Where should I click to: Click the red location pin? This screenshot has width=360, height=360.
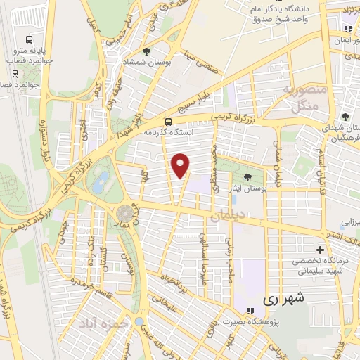(x=181, y=165)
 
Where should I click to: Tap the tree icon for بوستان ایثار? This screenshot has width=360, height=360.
(x=247, y=177)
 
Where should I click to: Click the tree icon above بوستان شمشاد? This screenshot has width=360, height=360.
(x=146, y=51)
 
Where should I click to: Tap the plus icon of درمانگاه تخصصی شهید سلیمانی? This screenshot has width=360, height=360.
(x=321, y=250)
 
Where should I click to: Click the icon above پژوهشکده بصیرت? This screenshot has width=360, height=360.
(x=249, y=310)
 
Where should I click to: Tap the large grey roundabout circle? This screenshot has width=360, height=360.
(x=124, y=210)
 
